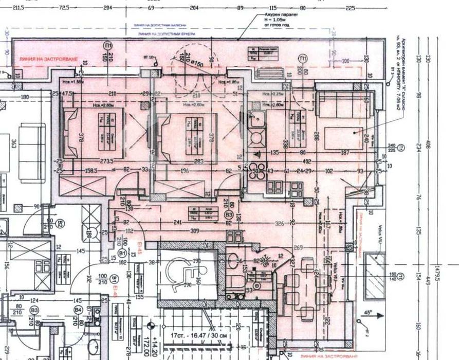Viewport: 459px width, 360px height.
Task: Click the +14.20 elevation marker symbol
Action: click(x=150, y=325)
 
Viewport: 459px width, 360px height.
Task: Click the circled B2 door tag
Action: click(x=61, y=224)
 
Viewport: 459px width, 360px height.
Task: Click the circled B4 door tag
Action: click(x=78, y=310)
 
